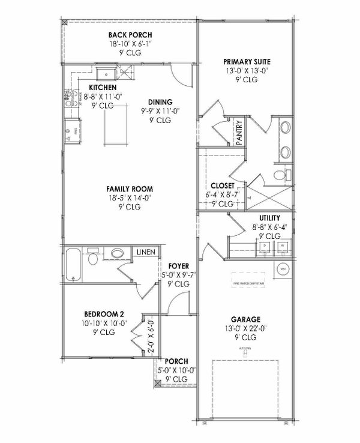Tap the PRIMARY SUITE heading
pos(247,61)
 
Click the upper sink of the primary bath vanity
pos(284,128)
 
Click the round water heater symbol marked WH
pos(283,268)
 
